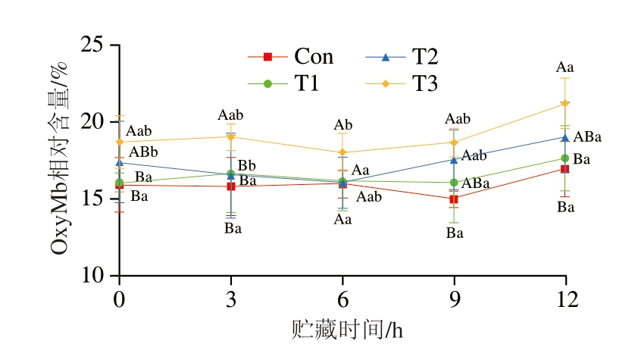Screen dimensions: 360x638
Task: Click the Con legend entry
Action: [292, 57]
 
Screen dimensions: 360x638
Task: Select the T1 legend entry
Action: [292, 83]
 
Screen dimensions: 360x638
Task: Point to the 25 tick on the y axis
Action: [92, 45]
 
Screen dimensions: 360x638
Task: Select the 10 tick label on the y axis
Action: [92, 275]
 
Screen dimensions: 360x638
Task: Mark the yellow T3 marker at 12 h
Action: [565, 103]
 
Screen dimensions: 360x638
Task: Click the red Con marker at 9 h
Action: [454, 199]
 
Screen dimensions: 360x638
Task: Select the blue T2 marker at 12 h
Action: [565, 137]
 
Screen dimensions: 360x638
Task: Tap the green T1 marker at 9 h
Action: [454, 183]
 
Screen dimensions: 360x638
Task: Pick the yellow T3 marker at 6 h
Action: [342, 152]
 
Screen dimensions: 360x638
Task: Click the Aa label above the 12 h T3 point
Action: [565, 68]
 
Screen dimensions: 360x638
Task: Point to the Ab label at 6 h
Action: [343, 125]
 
